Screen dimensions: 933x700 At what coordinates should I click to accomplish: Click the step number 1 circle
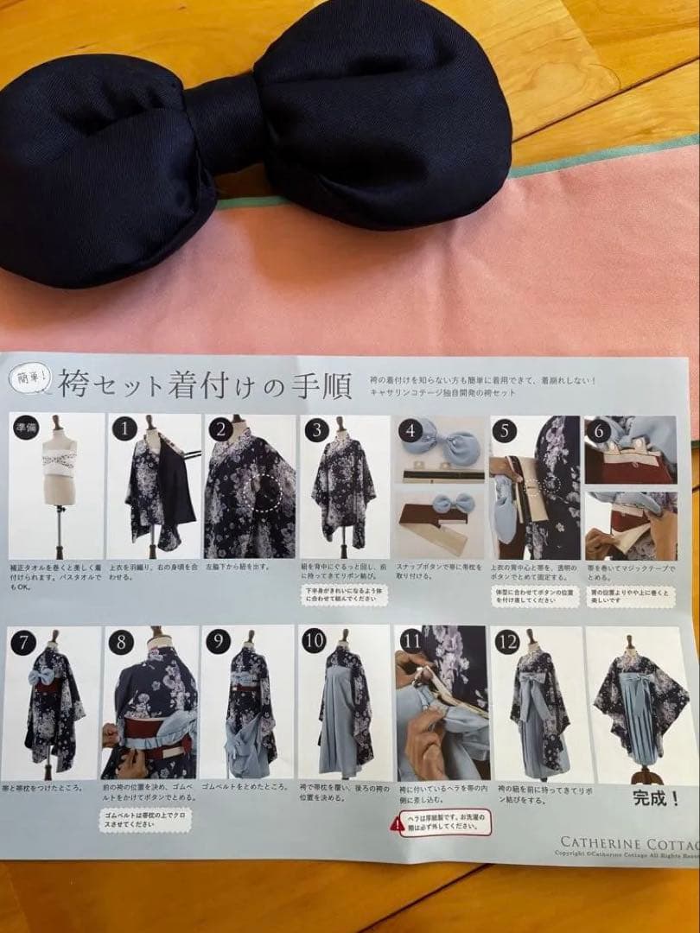[x=126, y=428]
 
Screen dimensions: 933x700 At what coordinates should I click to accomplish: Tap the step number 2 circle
[x=221, y=428]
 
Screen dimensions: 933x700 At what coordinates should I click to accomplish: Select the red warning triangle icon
[x=397, y=824]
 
